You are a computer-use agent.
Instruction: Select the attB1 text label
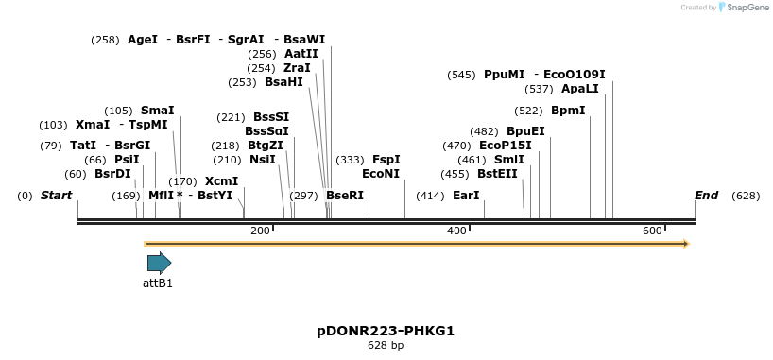(158, 283)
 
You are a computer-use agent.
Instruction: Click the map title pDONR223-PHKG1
(386, 331)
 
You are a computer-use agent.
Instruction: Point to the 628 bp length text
(386, 346)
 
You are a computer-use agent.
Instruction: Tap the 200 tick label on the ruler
(260, 231)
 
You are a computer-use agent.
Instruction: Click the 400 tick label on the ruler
(456, 231)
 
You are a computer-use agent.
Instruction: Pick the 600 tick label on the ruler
(652, 231)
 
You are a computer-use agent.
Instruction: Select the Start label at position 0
(56, 196)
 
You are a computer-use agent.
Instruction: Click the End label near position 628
(706, 196)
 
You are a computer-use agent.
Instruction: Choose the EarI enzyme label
(466, 196)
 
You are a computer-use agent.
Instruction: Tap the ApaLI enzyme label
(579, 90)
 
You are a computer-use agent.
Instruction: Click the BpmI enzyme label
(568, 111)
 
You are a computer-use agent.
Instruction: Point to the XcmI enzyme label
(221, 181)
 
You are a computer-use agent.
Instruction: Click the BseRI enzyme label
(344, 196)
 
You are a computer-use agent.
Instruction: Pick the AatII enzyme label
(301, 54)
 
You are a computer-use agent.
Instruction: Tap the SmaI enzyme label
(157, 111)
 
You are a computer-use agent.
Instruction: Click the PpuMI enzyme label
(504, 75)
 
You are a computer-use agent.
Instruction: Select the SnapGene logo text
(746, 8)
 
